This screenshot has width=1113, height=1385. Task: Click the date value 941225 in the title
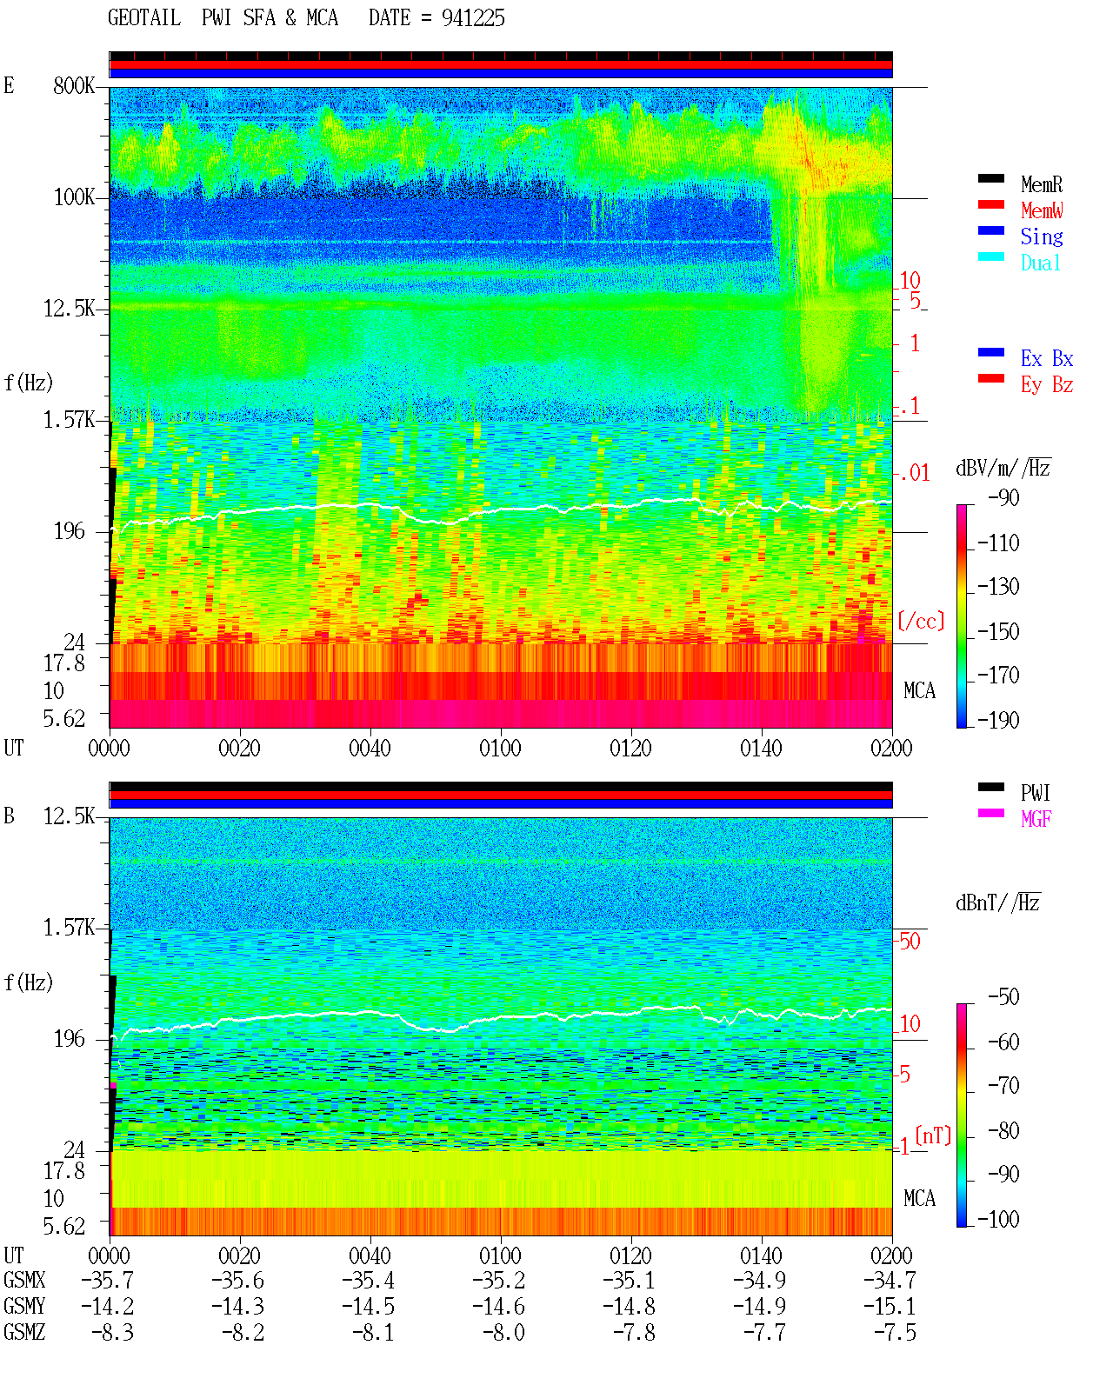click(473, 18)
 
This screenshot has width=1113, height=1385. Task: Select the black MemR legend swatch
click(990, 178)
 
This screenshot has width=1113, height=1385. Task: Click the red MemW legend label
click(1042, 210)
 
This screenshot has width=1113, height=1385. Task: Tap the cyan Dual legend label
click(1040, 263)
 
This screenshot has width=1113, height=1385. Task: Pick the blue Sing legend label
click(1042, 236)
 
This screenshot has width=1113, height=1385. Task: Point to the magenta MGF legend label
click(1036, 819)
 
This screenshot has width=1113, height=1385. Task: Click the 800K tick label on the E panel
click(74, 85)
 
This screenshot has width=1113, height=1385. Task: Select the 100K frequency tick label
click(74, 197)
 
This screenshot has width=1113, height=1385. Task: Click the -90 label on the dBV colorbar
click(1003, 497)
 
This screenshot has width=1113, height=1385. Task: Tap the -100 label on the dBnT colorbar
click(998, 1219)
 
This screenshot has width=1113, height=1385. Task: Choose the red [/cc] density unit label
click(921, 621)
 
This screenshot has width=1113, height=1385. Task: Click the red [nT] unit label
click(933, 1135)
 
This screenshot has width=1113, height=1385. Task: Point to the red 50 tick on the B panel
click(910, 941)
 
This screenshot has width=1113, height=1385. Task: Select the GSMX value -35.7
click(108, 1280)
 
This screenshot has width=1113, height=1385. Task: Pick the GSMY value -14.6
click(498, 1306)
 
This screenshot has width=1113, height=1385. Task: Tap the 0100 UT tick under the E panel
click(500, 749)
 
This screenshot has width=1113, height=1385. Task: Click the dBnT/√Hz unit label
click(997, 902)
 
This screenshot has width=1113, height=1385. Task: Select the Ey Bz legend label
click(1047, 385)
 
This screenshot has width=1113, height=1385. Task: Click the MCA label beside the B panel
click(919, 1198)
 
